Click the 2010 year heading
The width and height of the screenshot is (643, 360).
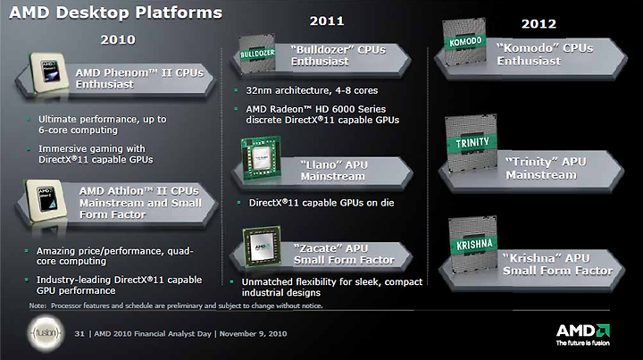point(118,39)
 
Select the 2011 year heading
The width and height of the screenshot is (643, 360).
point(327,21)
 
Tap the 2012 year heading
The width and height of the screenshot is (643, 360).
point(539,24)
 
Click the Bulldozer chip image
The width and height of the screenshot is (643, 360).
point(257,54)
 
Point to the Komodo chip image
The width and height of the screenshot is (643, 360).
point(464,41)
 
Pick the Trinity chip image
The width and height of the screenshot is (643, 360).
point(472,143)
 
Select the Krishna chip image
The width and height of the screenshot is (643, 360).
point(473,245)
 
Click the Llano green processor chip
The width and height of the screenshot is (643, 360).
point(261,158)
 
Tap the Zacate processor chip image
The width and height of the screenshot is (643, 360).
point(262,247)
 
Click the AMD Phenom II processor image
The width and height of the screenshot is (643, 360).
point(49,72)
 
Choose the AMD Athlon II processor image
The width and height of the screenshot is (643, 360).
point(46,201)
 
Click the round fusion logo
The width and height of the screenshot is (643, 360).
point(46,333)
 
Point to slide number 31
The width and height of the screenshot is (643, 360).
point(79,334)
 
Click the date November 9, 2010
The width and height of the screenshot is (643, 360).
point(253,334)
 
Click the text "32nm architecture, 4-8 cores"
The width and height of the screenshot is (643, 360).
point(312,90)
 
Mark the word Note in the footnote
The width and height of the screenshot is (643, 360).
point(38,306)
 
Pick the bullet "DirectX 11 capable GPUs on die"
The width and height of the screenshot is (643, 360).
point(321,203)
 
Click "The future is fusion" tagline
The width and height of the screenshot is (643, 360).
point(582,343)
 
